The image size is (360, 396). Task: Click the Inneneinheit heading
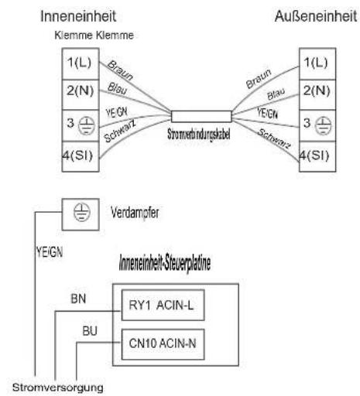click(x=78, y=16)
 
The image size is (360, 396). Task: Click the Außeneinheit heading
click(x=316, y=16)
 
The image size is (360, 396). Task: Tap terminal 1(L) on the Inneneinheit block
click(x=81, y=64)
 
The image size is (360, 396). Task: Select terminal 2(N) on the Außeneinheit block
click(x=317, y=94)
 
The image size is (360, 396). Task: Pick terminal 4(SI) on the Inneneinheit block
click(x=81, y=156)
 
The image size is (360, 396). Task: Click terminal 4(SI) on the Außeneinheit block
click(x=317, y=156)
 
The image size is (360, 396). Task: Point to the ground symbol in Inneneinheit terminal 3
click(x=87, y=125)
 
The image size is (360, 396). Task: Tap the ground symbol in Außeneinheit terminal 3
click(x=324, y=125)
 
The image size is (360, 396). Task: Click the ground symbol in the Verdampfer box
click(x=82, y=213)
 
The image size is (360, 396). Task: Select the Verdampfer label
click(x=135, y=213)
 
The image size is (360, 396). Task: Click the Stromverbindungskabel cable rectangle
click(x=201, y=117)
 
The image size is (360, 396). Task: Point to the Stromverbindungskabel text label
click(x=199, y=135)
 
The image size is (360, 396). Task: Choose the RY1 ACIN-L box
click(x=163, y=305)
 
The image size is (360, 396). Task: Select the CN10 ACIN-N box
click(x=163, y=344)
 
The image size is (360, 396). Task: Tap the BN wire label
click(x=78, y=299)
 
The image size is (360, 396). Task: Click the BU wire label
click(x=90, y=331)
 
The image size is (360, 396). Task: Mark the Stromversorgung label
click(x=58, y=387)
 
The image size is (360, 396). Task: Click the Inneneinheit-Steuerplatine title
click(x=165, y=263)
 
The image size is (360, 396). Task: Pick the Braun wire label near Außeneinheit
click(x=259, y=79)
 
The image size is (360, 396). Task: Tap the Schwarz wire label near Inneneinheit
click(x=120, y=131)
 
